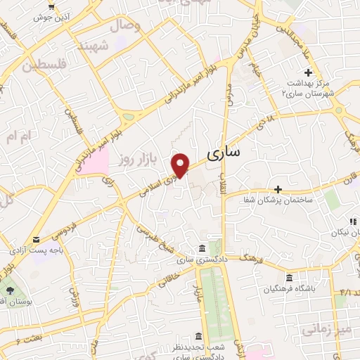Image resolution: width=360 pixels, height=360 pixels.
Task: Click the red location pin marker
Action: click(x=181, y=165)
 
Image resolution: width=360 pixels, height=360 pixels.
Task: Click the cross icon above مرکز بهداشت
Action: click(x=308, y=72)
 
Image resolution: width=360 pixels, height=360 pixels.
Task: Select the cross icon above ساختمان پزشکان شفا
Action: click(x=278, y=189)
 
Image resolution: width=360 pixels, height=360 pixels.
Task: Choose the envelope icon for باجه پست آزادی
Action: click(x=36, y=238)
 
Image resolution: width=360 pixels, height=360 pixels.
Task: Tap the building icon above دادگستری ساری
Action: click(x=202, y=249)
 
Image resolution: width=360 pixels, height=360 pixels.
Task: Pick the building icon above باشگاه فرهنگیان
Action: click(x=288, y=276)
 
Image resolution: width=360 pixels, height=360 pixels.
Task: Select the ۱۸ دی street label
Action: click(x=270, y=124)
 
